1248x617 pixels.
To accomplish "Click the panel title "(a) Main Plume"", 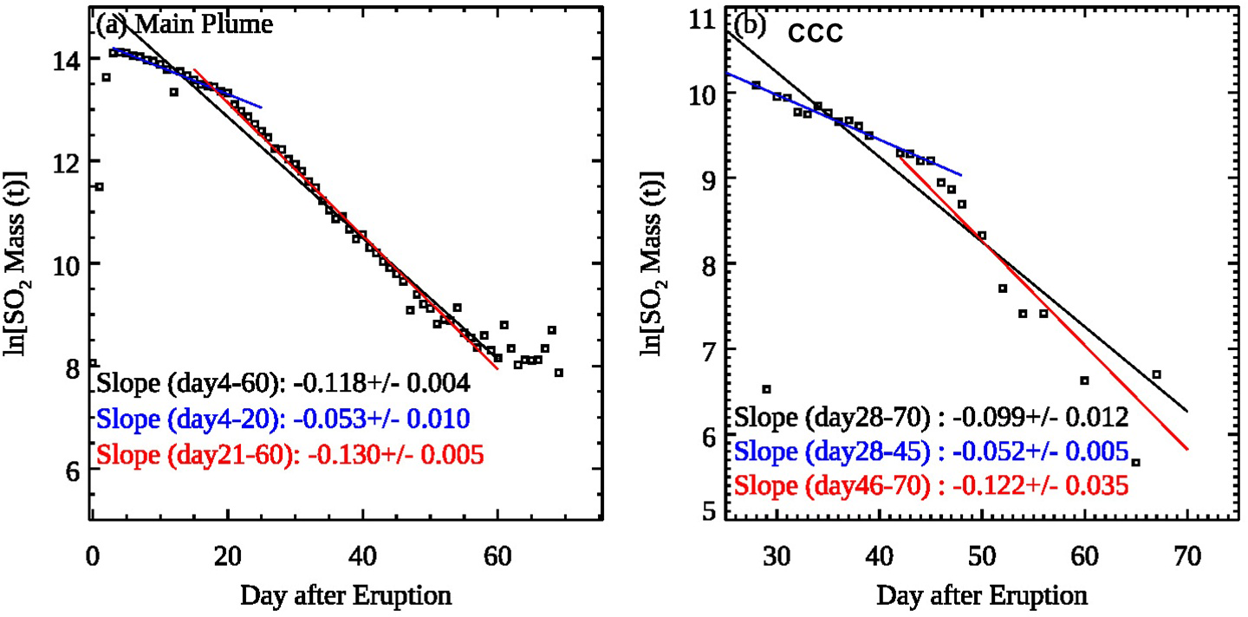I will [x=185, y=25].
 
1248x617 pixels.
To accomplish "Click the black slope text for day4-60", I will [x=284, y=382].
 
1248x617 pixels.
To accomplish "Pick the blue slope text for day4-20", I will [x=284, y=419].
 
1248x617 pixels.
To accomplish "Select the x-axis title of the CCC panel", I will [x=982, y=596].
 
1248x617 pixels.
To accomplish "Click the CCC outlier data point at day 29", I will [x=766, y=388].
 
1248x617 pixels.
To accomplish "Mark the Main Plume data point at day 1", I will [x=99, y=186].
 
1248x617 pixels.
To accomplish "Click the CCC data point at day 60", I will [x=1084, y=380].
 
